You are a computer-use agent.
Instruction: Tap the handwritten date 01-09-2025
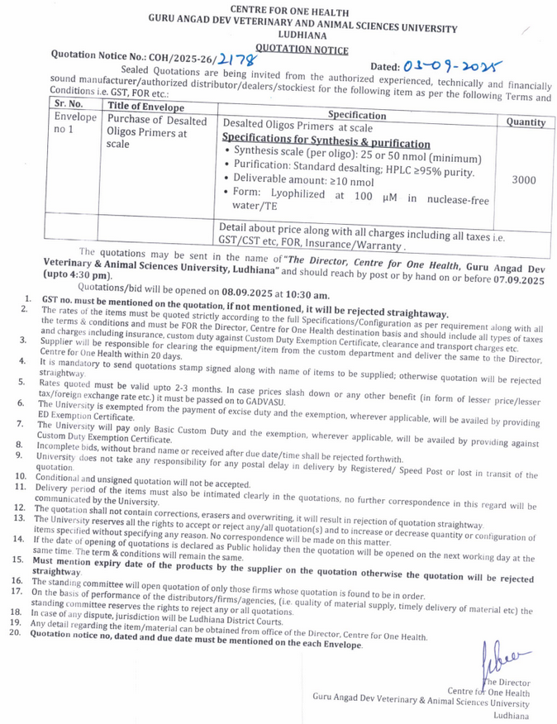[453, 64]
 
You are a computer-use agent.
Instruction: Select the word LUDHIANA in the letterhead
[302, 37]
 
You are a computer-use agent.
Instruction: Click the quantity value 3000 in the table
[524, 180]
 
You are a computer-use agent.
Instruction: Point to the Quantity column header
[526, 121]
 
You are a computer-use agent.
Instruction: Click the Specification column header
[358, 115]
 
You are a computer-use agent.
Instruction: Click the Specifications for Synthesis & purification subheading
[326, 143]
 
